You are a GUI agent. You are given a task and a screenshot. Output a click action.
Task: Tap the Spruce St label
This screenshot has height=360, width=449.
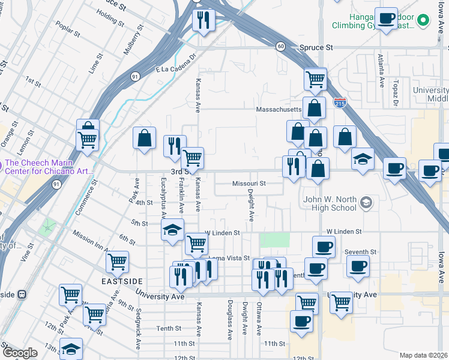click(x=316, y=47)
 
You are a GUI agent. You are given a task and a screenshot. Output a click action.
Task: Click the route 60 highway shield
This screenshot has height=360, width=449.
click(x=280, y=46)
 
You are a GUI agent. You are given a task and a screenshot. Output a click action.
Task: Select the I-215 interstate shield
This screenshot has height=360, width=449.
click(x=340, y=103)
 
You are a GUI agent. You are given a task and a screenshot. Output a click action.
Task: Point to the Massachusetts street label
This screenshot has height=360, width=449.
click(x=278, y=110)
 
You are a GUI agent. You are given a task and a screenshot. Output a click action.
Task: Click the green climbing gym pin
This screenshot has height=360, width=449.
click(x=423, y=20)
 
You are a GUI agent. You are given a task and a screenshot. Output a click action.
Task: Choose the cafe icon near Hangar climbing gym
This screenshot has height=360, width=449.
click(x=385, y=19)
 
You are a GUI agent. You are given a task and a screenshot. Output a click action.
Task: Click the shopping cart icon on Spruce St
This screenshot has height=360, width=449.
click(x=315, y=79)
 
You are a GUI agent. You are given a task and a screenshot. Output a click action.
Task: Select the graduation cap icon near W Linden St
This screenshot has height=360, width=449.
click(x=172, y=231)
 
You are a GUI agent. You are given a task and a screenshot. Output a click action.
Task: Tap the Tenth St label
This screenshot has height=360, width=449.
click(x=169, y=328)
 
